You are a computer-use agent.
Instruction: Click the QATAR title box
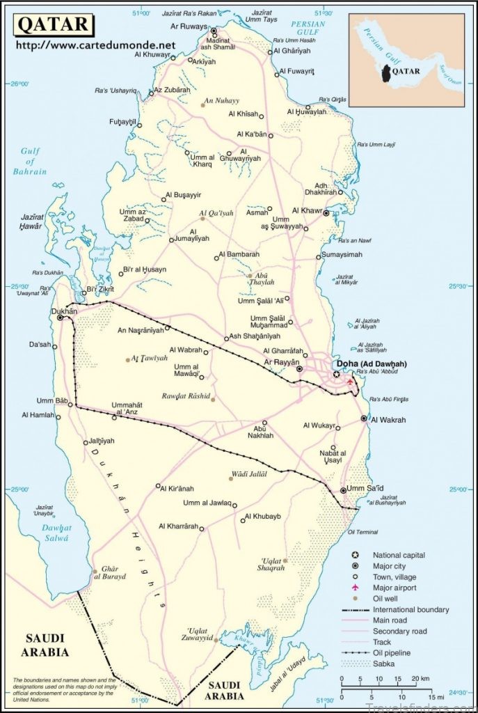pyautogui.click(x=53, y=24)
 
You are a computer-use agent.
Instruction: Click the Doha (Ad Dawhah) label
pyautogui.click(x=371, y=364)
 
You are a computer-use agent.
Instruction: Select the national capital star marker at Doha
pyautogui.click(x=337, y=374)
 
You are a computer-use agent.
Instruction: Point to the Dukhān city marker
pyautogui.click(x=61, y=318)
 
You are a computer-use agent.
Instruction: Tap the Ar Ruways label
pyautogui.click(x=190, y=26)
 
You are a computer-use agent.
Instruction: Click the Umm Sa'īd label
pyautogui.click(x=365, y=488)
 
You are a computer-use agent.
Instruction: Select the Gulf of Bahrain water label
pyautogui.click(x=33, y=162)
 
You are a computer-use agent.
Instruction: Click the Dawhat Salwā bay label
pyautogui.click(x=55, y=533)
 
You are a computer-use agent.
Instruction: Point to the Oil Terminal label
pyautogui.click(x=362, y=532)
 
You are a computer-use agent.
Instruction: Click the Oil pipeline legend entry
pyautogui.click(x=395, y=653)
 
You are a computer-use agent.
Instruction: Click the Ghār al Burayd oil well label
pyautogui.click(x=114, y=572)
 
